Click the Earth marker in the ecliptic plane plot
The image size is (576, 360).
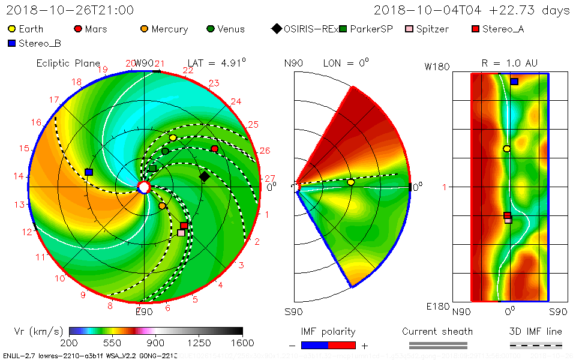click(x=173, y=138)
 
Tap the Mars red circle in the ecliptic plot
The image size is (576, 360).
click(x=215, y=149)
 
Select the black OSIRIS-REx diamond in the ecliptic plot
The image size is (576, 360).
click(x=205, y=176)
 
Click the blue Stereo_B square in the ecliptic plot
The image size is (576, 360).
click(x=89, y=172)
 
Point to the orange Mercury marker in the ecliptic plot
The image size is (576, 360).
click(x=162, y=206)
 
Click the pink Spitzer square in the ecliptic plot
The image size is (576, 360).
click(x=181, y=232)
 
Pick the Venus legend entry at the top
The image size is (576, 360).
click(x=225, y=29)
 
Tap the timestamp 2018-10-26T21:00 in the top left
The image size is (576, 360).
click(x=70, y=10)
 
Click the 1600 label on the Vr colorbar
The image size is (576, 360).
click(x=242, y=343)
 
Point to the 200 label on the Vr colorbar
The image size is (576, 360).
click(x=70, y=343)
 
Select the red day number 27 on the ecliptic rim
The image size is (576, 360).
click(x=269, y=178)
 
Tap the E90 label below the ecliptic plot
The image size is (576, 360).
click(x=144, y=311)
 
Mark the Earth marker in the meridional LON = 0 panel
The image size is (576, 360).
click(x=351, y=182)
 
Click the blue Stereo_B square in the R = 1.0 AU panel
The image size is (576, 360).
click(x=514, y=82)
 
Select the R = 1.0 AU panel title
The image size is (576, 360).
click(x=509, y=63)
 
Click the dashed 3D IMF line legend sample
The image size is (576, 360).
click(x=536, y=345)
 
